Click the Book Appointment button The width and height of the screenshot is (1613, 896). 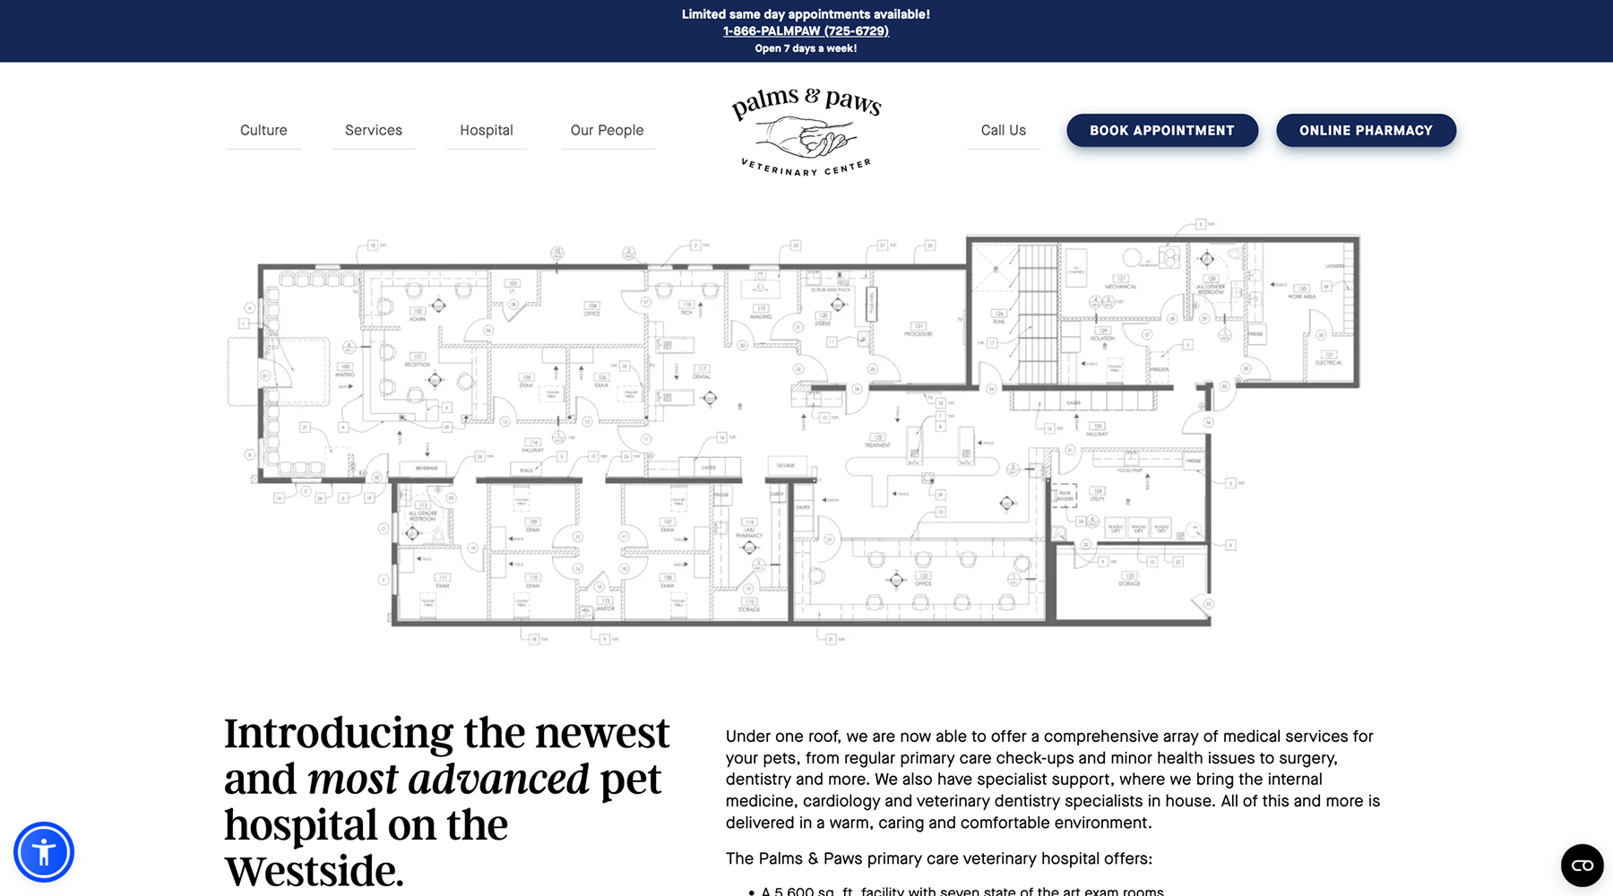pos(1161,131)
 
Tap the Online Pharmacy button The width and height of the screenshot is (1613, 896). pos(1366,131)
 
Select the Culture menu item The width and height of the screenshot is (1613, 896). pos(263,131)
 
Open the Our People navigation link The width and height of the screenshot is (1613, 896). pos(607,131)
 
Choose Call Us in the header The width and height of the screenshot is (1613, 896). pos(1003,131)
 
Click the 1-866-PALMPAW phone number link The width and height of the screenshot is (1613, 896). pos(806,31)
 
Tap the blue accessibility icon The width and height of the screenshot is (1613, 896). pos(43,851)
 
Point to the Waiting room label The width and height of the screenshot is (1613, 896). pos(345,370)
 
